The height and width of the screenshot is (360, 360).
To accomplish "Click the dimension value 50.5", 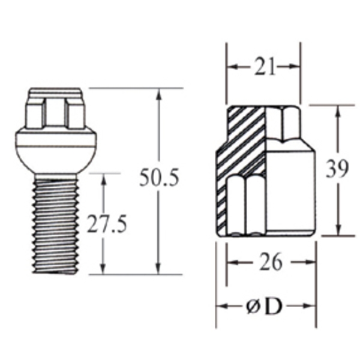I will pyautogui.click(x=159, y=178).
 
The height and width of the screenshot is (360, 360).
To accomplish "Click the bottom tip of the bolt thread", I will pyautogui.click(x=55, y=271).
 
